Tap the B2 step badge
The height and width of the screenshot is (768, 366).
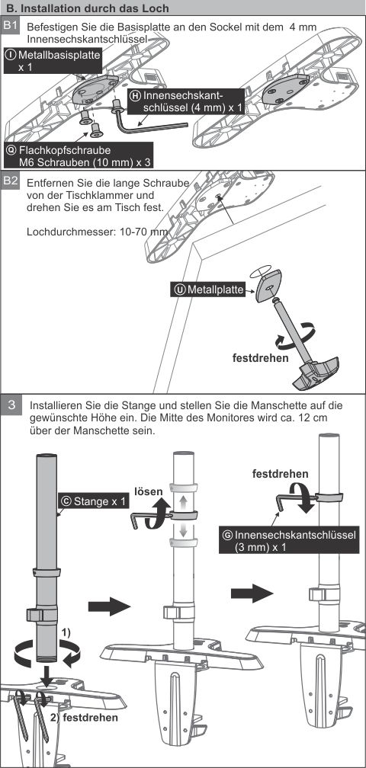pos(11,181)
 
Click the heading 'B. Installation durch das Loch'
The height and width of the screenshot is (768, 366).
pos(88,8)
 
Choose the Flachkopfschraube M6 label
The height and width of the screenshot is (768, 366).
pos(79,155)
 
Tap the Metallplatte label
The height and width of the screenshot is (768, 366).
pos(208,290)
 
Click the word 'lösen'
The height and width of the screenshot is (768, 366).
pos(146,491)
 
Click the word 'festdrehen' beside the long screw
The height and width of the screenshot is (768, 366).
pos(260,357)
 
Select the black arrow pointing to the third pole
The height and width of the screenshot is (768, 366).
pos(252,593)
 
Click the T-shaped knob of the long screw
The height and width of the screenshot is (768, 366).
pos(316,373)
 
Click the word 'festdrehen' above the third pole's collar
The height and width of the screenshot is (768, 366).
pos(281,474)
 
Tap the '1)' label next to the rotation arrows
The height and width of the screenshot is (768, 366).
pos(65,632)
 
